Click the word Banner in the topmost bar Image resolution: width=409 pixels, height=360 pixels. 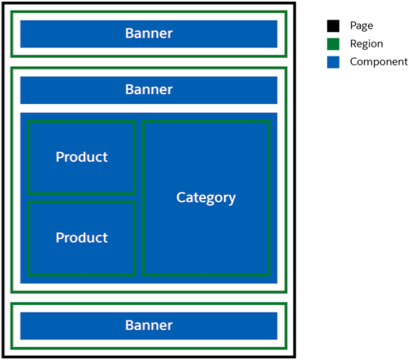coord(149,34)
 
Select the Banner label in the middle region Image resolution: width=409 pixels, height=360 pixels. coord(149,89)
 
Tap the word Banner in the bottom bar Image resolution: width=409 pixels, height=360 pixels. coord(149,325)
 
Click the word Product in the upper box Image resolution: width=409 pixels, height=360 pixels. coord(82,157)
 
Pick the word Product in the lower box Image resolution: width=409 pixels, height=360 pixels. coord(82,238)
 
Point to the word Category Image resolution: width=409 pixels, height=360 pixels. coord(206,198)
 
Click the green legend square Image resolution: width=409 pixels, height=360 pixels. coord(333,44)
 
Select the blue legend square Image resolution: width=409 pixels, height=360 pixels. coord(333,62)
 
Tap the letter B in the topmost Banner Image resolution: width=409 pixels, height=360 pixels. coord(129,34)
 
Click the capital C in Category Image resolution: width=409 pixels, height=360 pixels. coord(181,197)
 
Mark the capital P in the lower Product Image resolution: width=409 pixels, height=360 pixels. coord(60,238)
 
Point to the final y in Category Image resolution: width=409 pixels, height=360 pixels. coord(232,199)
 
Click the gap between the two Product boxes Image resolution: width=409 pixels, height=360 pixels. coord(82,198)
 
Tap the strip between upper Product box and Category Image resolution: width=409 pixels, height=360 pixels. coord(139,157)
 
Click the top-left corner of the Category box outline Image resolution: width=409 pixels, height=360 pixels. coord(144,121)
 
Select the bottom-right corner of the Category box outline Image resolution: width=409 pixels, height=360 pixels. coord(268,274)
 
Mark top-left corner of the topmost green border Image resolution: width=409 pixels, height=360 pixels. coord(11,11)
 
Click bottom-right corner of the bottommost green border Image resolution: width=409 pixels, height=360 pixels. coord(286,347)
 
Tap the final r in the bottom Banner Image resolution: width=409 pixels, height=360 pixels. coord(170,326)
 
